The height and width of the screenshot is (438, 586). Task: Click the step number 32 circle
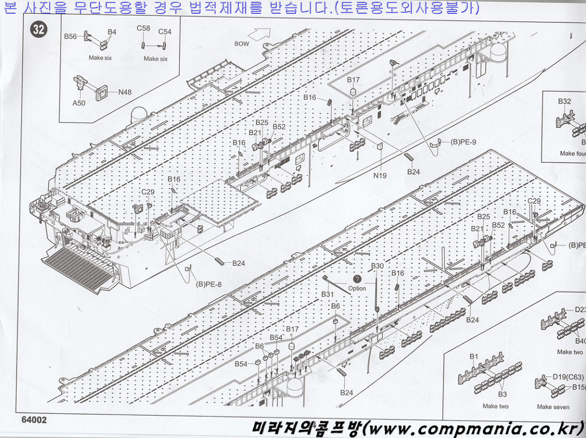click(39, 29)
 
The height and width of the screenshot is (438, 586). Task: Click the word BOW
click(241, 44)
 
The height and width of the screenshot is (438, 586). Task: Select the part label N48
click(125, 92)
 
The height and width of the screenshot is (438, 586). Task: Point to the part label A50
click(79, 103)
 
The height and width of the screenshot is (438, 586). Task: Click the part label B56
click(70, 36)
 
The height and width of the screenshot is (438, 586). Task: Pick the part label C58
click(143, 28)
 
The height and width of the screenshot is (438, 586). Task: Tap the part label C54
click(165, 32)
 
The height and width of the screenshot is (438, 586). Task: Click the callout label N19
click(380, 175)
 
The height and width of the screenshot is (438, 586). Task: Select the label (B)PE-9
click(463, 142)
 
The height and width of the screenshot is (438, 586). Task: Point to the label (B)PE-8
click(208, 284)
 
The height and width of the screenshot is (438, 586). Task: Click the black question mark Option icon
click(357, 279)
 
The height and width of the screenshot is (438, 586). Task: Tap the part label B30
click(378, 266)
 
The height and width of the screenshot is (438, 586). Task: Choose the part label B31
click(327, 294)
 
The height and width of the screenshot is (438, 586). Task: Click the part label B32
click(564, 101)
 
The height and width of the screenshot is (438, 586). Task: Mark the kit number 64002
click(34, 420)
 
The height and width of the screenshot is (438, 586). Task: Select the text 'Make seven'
click(553, 407)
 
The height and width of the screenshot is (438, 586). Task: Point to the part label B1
click(473, 357)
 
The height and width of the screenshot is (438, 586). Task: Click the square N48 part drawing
click(102, 93)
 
